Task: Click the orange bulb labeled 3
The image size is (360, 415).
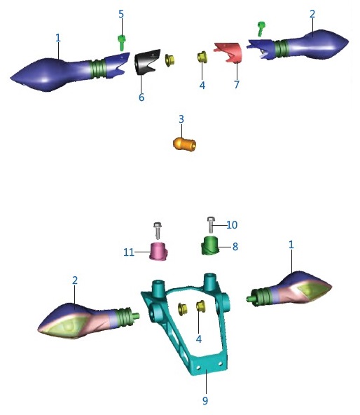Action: click(185, 144)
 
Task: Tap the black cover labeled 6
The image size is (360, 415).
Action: click(146, 62)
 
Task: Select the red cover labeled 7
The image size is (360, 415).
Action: click(228, 52)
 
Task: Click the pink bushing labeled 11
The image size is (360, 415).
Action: click(158, 252)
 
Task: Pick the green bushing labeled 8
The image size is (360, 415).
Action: click(211, 246)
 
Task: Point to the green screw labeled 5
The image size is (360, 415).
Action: click(121, 43)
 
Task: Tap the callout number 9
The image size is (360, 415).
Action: click(205, 400)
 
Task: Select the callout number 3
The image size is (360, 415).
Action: click(181, 119)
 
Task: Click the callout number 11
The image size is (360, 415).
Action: click(129, 252)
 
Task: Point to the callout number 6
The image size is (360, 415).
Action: click(141, 97)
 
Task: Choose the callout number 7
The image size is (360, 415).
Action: click(237, 85)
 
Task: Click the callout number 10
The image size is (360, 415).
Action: click(232, 225)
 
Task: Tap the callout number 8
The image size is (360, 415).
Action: click(235, 247)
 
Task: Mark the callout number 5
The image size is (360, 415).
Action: click(121, 14)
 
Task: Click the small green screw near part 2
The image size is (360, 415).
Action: click(261, 29)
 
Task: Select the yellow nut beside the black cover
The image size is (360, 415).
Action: click(169, 60)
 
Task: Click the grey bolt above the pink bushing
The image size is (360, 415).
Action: click(158, 231)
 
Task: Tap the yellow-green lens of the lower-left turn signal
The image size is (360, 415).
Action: click(67, 327)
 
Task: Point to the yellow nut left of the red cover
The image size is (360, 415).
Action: click(202, 57)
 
